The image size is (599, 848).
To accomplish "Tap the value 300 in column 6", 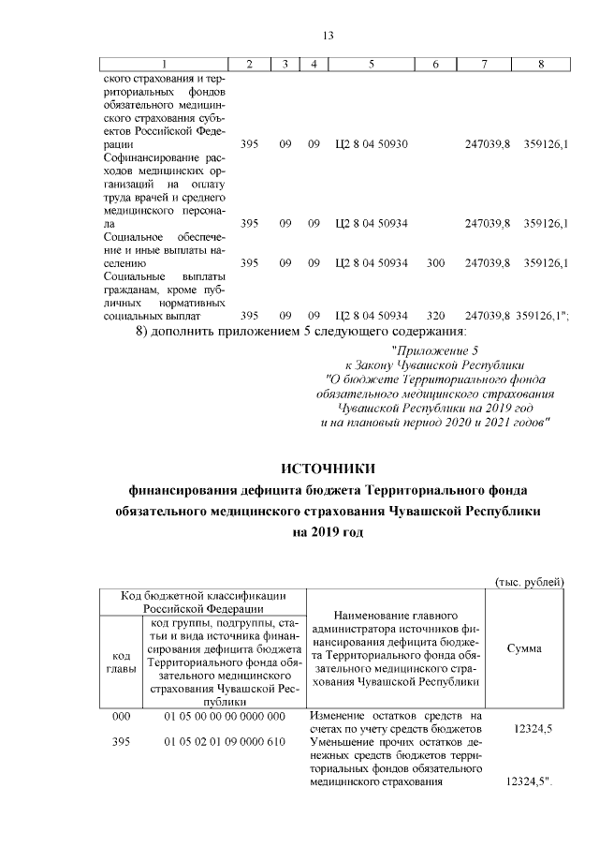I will pyautogui.click(x=434, y=263).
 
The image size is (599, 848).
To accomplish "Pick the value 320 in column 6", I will pyautogui.click(x=434, y=316).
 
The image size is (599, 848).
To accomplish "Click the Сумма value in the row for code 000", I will pyautogui.click(x=533, y=729).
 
